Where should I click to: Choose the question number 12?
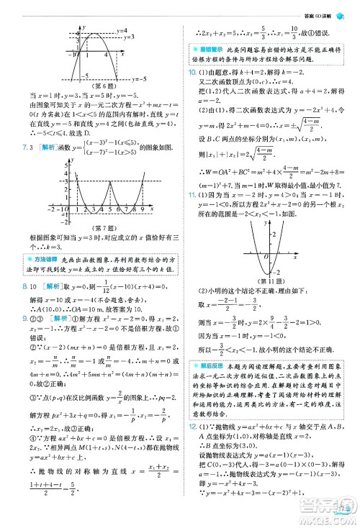pyautogui.click(x=192, y=427)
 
